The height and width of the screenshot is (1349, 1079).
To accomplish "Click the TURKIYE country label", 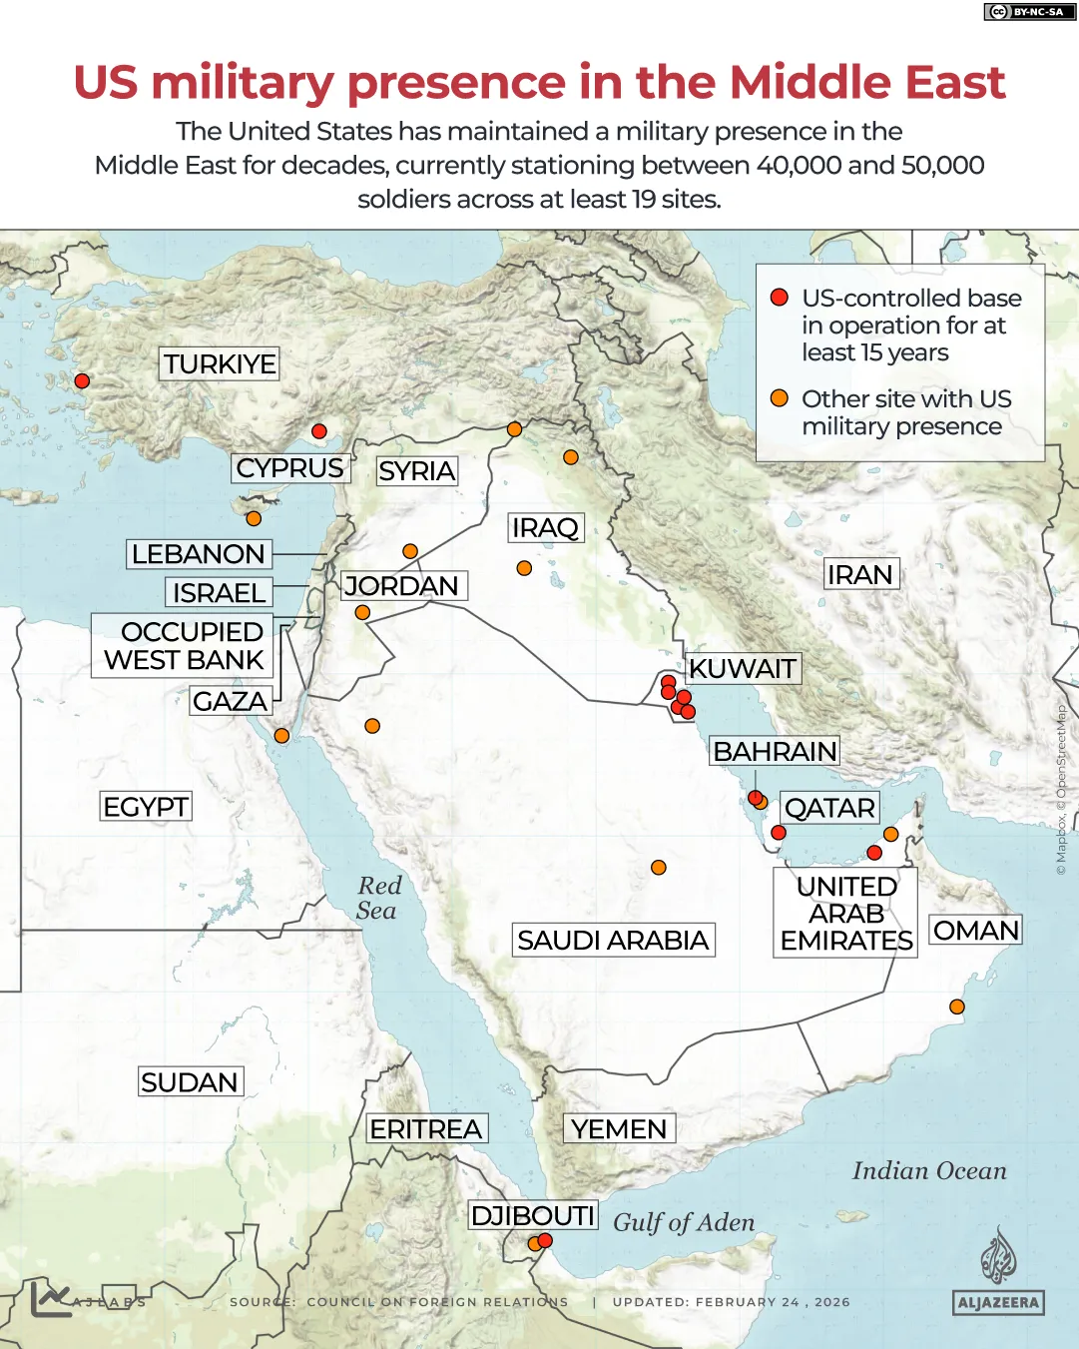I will tap(220, 363).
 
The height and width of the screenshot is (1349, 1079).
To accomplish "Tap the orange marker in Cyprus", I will tap(254, 518).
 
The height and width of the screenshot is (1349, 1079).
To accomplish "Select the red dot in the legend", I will tap(780, 298).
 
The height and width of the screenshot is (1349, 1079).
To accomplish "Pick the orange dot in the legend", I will tap(780, 398).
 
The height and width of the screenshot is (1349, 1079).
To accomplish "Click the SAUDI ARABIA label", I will tap(613, 940).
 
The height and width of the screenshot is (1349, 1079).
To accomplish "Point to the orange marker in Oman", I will tap(956, 1007).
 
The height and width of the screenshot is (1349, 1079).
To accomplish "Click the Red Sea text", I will tap(378, 898).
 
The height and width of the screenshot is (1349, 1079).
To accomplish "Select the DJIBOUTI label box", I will tap(533, 1215).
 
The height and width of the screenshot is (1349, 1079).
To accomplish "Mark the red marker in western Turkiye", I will tap(82, 380).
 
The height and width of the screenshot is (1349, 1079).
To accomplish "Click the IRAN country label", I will tap(859, 574).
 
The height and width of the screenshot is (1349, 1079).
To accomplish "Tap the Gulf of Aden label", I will tap(684, 1222).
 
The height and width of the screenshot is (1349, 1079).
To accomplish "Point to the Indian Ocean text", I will tap(929, 1170).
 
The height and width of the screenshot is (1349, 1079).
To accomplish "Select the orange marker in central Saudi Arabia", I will tap(659, 868).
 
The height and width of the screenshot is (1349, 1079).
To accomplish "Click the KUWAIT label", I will tap(743, 668).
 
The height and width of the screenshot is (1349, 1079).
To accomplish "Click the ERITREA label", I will tap(426, 1128).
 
